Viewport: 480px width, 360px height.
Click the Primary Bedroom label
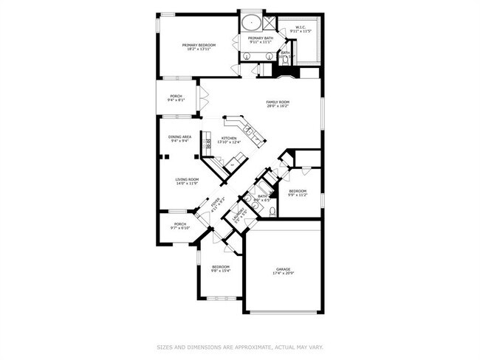(x=199, y=46)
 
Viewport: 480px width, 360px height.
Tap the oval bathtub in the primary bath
(x=248, y=22)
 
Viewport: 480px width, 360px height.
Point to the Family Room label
(x=278, y=102)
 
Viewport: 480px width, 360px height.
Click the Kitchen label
(x=229, y=138)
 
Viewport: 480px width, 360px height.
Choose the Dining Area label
(x=180, y=136)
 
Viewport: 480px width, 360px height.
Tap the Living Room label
(x=187, y=179)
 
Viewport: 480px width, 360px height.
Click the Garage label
(x=283, y=269)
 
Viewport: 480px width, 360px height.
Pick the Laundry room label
(x=237, y=214)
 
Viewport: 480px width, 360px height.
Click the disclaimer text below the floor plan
(x=240, y=346)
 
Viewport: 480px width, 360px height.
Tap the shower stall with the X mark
(x=269, y=22)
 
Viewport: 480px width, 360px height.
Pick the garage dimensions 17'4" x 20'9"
(x=283, y=274)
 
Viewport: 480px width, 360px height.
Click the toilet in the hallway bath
(x=272, y=211)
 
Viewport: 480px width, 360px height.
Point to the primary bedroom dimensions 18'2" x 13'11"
(x=199, y=50)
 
